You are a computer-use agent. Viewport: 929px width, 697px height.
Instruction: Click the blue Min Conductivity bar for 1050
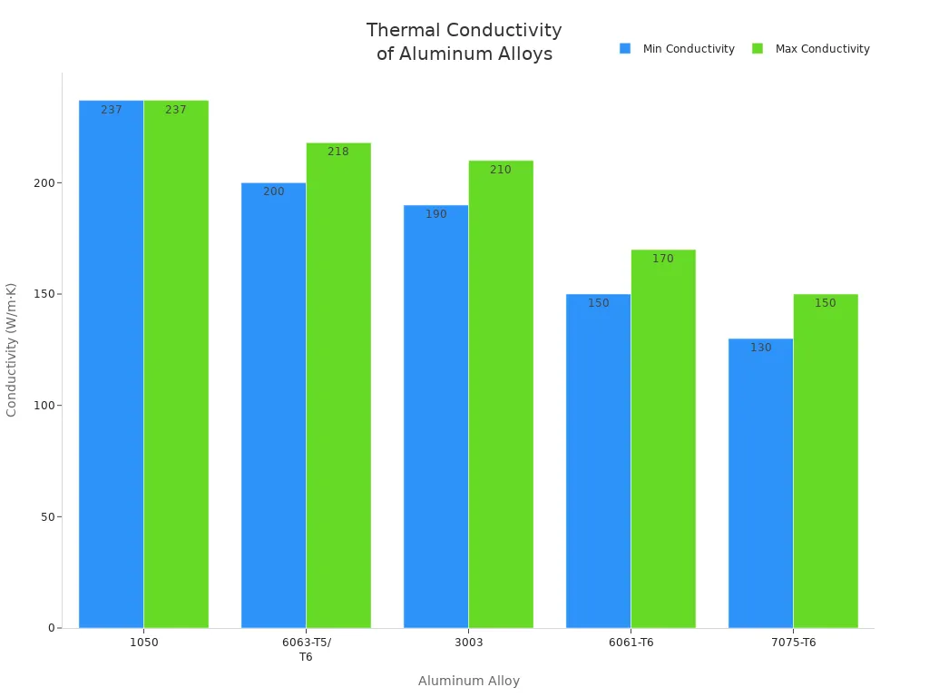click(x=111, y=363)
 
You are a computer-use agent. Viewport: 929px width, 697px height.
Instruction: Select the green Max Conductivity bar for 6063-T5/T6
click(x=337, y=386)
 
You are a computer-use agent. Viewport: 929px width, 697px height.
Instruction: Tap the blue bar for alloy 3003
click(x=435, y=417)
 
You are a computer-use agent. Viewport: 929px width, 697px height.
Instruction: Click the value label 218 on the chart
click(x=337, y=152)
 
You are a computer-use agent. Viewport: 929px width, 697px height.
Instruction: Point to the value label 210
click(x=500, y=170)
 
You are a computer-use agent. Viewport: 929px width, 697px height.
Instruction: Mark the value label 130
click(x=760, y=348)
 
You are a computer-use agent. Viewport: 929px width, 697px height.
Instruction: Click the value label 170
click(x=662, y=259)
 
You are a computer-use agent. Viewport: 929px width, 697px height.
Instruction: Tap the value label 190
click(x=435, y=214)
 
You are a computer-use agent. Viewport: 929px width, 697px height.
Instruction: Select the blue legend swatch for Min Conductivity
click(x=625, y=49)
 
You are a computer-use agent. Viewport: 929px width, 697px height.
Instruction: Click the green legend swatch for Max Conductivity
click(x=758, y=49)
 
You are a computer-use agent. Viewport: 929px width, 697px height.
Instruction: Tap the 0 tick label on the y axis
click(x=53, y=628)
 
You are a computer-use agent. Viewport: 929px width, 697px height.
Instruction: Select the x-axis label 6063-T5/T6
click(x=306, y=649)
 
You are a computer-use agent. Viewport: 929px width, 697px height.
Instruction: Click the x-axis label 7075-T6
click(x=793, y=643)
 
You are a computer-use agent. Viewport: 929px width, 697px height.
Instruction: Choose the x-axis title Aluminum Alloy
click(x=468, y=681)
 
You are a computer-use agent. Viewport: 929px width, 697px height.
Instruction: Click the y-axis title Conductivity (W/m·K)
click(x=12, y=349)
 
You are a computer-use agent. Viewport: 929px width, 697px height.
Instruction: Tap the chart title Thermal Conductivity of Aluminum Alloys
click(x=464, y=42)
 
